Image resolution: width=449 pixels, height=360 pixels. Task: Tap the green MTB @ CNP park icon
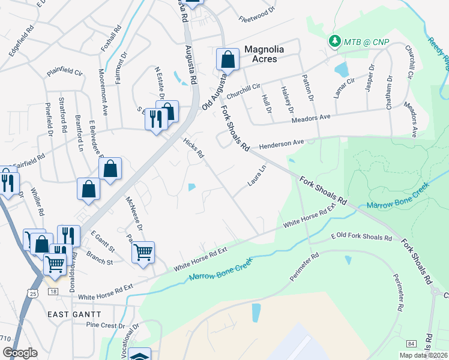coord(333,41)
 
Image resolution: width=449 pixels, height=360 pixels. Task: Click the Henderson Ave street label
coord(282,145)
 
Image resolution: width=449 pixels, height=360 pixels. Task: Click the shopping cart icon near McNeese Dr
coord(143,252)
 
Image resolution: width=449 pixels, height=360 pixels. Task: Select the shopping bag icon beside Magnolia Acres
coord(228,60)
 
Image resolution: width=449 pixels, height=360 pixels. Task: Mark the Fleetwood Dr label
coord(256,10)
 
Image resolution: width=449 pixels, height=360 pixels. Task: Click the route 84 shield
coord(411,343)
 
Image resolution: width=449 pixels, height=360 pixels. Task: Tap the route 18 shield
coord(53,291)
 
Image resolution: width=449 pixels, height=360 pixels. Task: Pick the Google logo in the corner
coord(20,353)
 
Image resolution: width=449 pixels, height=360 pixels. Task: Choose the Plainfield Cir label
coord(64,72)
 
